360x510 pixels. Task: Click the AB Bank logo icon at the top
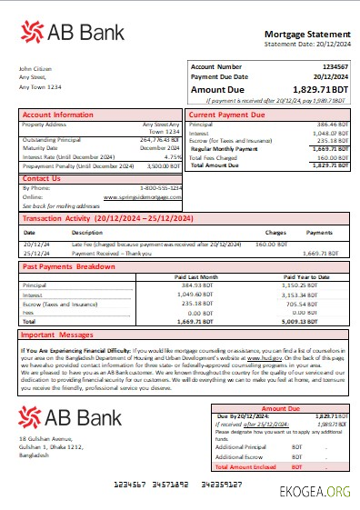(x=35, y=34)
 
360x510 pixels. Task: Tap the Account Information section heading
(x=57, y=115)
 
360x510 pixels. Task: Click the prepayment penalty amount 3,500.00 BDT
(x=163, y=166)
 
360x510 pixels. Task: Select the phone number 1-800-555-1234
(x=156, y=187)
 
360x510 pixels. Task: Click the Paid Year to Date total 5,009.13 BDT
(x=319, y=321)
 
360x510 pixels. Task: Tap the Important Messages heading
(x=60, y=334)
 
